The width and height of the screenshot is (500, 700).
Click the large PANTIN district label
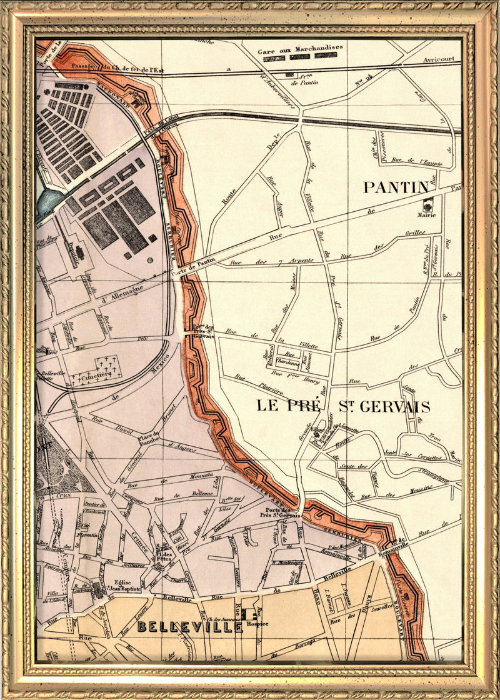click(396, 187)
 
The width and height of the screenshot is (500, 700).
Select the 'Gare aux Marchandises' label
click(300, 50)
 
